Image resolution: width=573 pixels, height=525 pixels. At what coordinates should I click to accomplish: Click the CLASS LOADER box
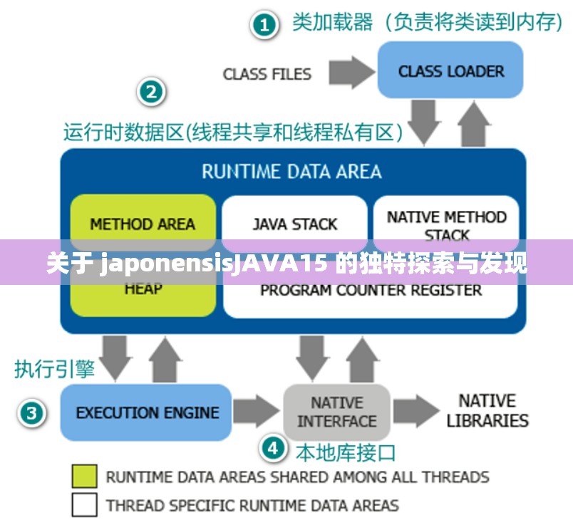(450, 71)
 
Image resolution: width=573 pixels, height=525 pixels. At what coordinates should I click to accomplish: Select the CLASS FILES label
(267, 74)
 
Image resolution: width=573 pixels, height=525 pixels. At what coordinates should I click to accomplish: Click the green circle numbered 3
(32, 412)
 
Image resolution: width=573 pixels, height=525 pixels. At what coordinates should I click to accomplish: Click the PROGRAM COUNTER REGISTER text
(371, 291)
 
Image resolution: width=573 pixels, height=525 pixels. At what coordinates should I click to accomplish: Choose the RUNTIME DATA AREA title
(291, 172)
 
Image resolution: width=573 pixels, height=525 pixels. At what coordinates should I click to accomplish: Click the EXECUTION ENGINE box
(147, 412)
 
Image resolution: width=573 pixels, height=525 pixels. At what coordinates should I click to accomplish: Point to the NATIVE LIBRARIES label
(487, 411)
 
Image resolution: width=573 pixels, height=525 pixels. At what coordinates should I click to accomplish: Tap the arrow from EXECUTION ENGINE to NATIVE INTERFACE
(256, 412)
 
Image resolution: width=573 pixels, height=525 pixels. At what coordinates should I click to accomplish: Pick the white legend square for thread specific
(84, 504)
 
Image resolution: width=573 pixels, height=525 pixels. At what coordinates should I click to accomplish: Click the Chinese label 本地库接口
(345, 452)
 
